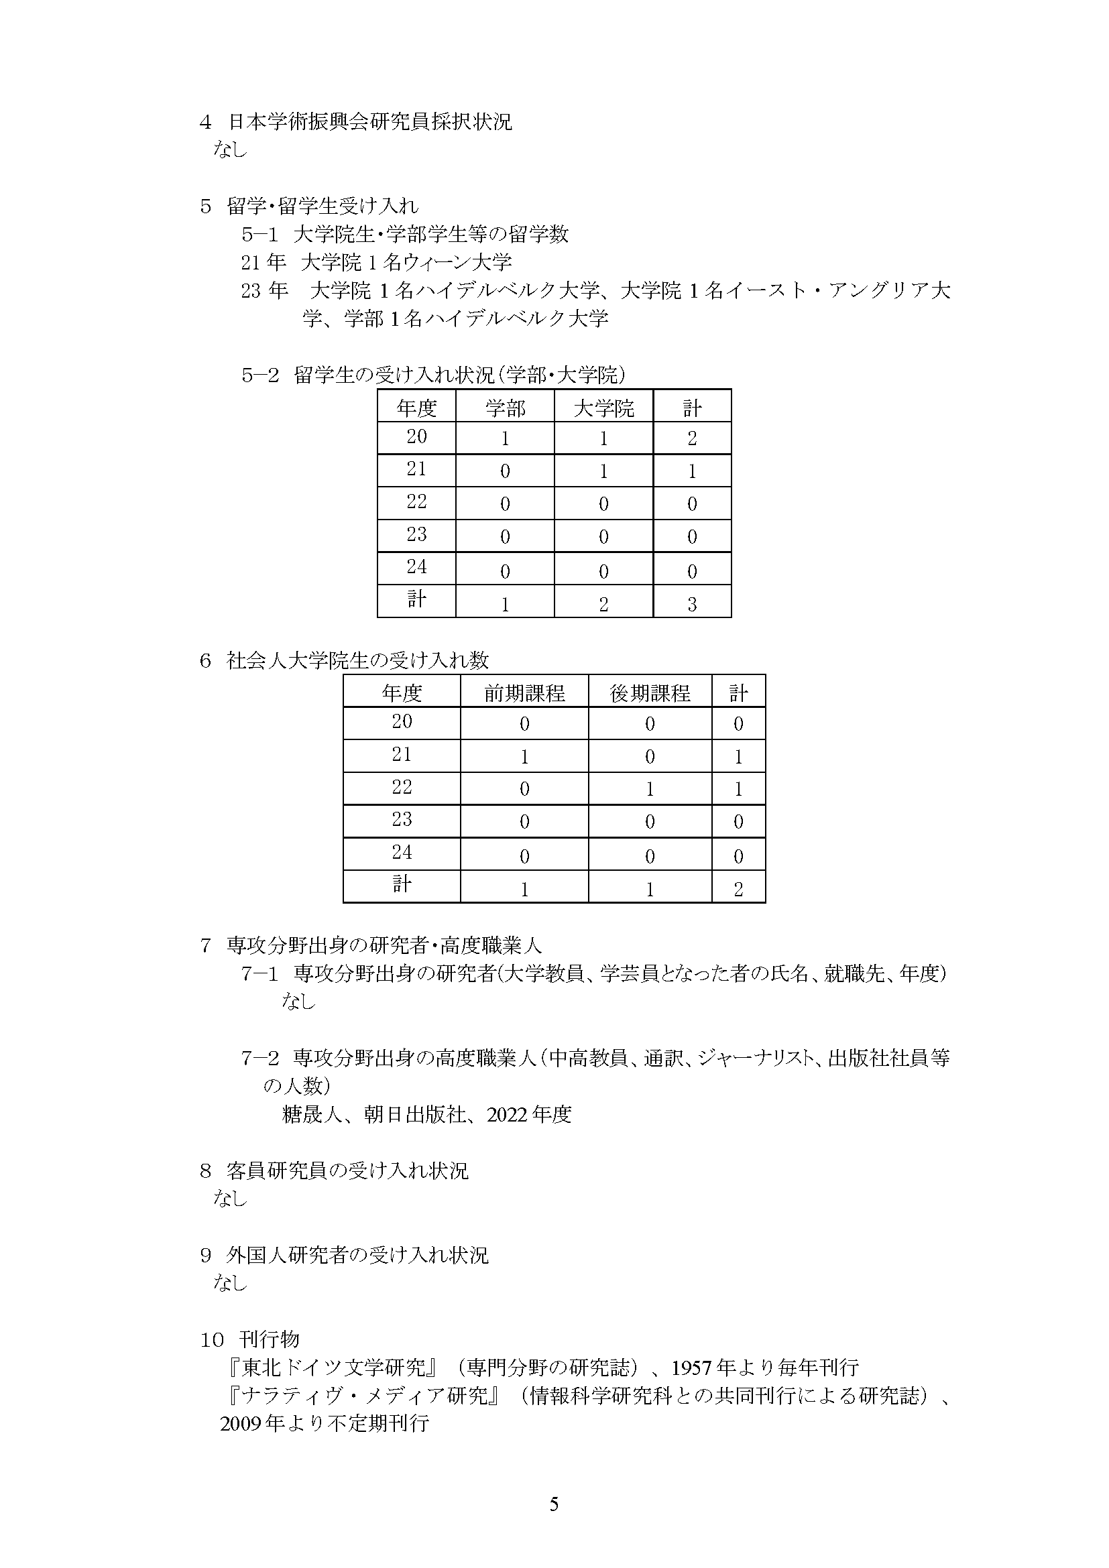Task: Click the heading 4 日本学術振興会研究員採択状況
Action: (355, 122)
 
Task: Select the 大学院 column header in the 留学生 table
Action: (603, 408)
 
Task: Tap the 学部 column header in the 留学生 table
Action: (506, 408)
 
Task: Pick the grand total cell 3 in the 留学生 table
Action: (692, 604)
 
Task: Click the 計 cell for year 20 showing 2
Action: (692, 438)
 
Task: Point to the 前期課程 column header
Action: (524, 694)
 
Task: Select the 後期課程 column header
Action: (650, 694)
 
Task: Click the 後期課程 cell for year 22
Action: (650, 790)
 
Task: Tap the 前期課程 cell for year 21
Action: (524, 757)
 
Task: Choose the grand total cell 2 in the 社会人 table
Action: (738, 888)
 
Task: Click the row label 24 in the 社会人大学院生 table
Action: (402, 852)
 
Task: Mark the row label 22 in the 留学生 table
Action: (416, 502)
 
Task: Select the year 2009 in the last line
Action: (241, 1423)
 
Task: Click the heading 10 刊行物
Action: (250, 1340)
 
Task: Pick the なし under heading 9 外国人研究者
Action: (230, 1283)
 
